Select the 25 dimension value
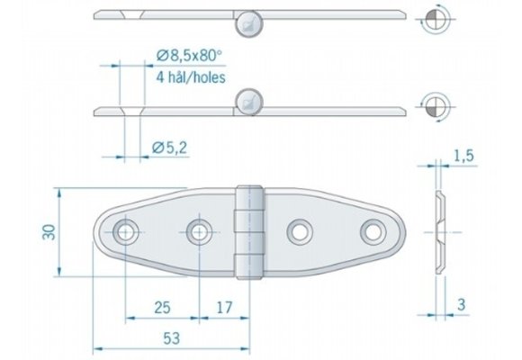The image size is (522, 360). click(x=162, y=308)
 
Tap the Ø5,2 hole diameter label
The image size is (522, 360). click(x=169, y=146)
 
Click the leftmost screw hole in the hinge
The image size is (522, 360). click(x=125, y=232)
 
